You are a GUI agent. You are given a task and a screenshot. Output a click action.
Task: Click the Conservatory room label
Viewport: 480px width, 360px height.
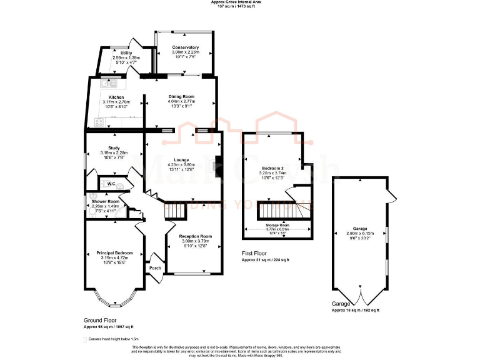point(186,47)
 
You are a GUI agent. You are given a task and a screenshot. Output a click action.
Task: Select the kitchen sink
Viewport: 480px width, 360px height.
point(104,82)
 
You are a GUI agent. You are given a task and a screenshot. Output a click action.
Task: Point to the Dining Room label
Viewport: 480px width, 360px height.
point(182,96)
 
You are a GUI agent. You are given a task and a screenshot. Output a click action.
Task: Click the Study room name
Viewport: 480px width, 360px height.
point(114,147)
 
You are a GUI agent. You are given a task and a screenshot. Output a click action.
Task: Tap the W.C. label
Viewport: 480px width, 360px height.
point(111,184)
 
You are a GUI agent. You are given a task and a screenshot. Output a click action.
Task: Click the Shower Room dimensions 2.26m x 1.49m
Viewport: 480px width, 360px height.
point(105,206)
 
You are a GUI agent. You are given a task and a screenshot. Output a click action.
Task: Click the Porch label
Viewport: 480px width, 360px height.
point(155,268)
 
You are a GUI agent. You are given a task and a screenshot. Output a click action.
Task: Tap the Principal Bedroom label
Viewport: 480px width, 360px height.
point(114,253)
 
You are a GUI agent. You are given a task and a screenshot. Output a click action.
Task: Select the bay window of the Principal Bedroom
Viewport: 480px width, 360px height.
point(114,300)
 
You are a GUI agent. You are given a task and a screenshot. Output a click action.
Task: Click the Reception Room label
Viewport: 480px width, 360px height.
point(197,236)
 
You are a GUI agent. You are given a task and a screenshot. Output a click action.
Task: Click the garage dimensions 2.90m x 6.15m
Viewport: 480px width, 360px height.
point(359,233)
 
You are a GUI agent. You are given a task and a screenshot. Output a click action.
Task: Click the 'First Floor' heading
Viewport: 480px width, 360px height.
point(254,254)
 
